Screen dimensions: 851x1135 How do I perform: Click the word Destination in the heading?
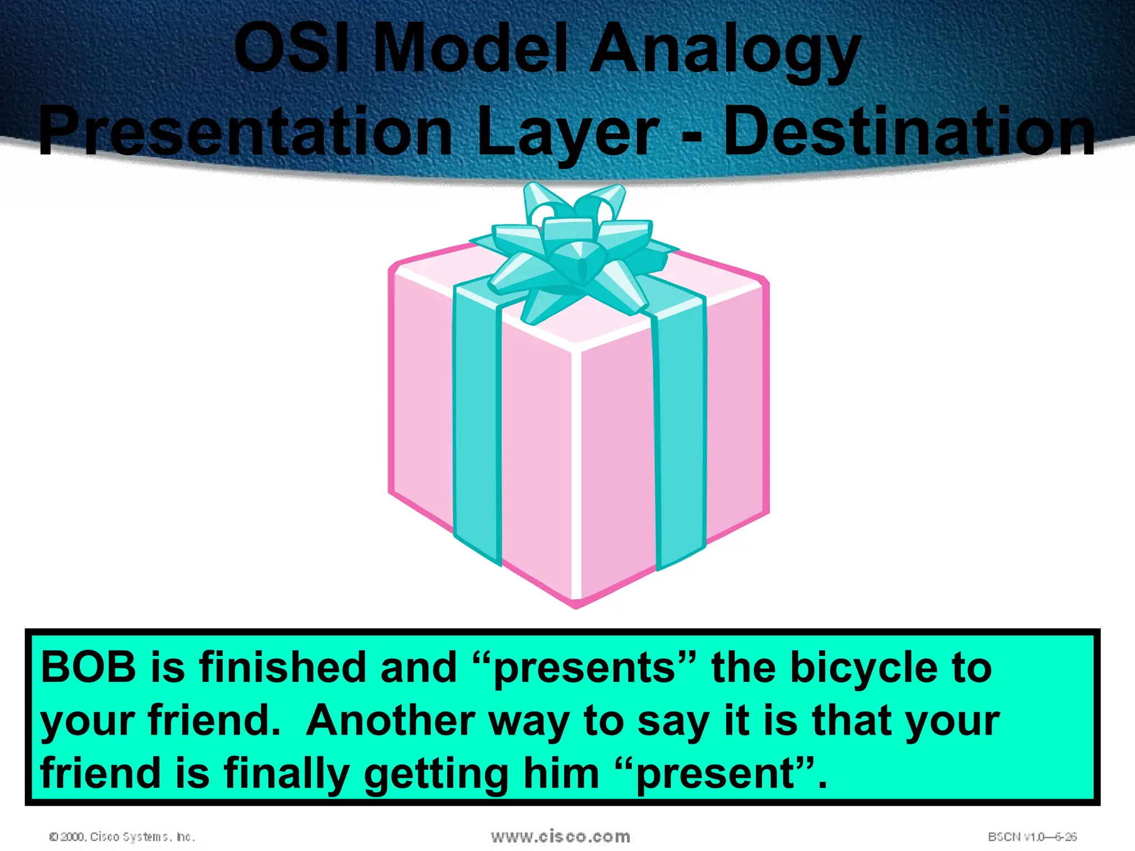tap(909, 132)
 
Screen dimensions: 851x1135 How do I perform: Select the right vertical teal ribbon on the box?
tap(681, 432)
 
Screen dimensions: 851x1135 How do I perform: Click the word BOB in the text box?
tap(89, 667)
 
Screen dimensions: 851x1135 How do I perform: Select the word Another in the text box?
tap(391, 721)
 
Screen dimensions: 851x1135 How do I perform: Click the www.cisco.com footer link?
tap(560, 837)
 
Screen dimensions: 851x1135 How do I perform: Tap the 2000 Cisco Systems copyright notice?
tap(122, 837)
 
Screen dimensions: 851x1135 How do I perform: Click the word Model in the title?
tap(471, 49)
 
